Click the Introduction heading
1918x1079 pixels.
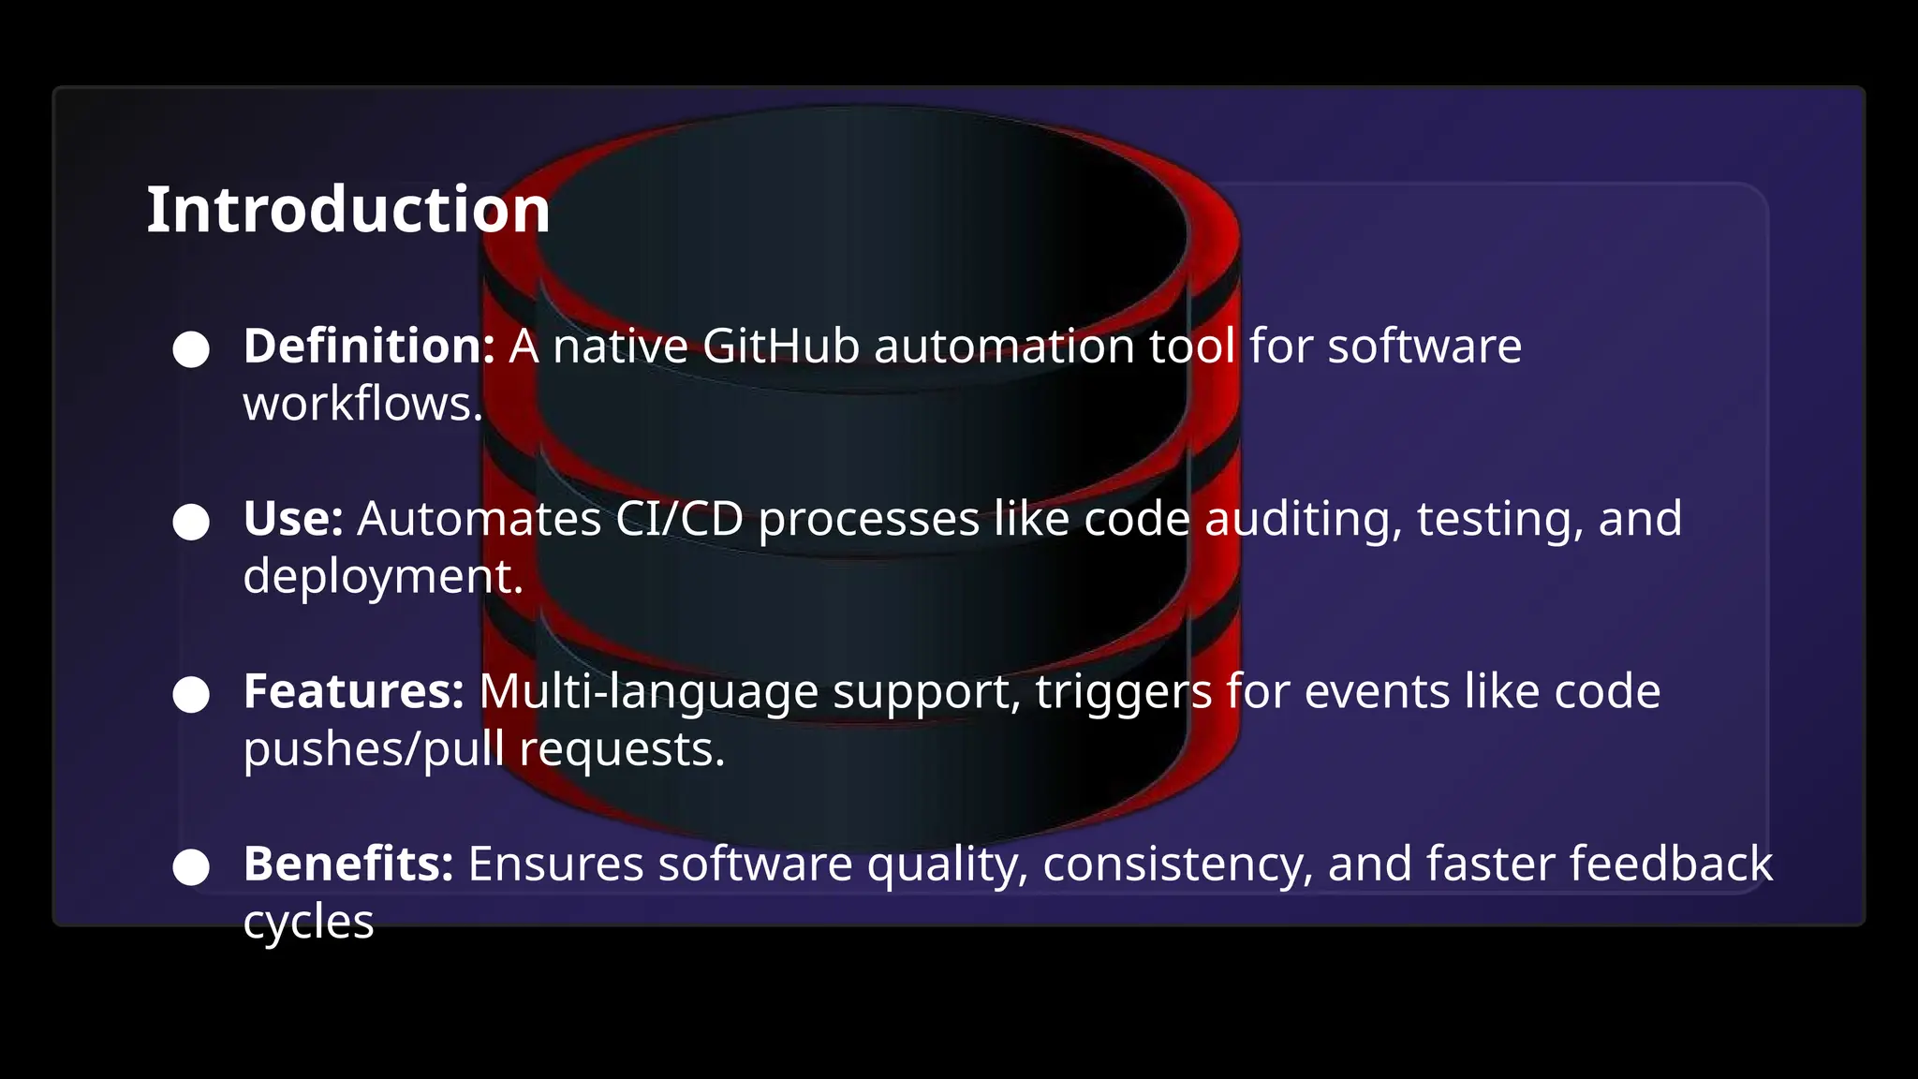tap(348, 210)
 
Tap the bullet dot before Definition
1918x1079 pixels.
tap(191, 349)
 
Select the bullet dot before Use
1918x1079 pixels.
tap(191, 522)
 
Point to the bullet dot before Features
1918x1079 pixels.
tap(191, 694)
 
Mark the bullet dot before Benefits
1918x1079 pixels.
tap(191, 866)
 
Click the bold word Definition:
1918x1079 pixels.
tap(369, 346)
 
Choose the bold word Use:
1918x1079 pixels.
tap(293, 518)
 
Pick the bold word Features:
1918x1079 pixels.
tap(354, 691)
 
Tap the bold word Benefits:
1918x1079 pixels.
tap(348, 864)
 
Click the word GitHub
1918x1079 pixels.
tap(781, 346)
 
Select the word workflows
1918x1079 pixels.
tap(362, 404)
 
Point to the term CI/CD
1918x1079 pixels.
tap(679, 518)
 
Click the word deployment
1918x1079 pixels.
tap(382, 576)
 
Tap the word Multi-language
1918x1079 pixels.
tap(648, 691)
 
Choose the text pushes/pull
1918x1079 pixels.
tap(374, 749)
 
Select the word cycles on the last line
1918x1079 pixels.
tap(308, 922)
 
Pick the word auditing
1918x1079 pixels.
tap(1303, 518)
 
